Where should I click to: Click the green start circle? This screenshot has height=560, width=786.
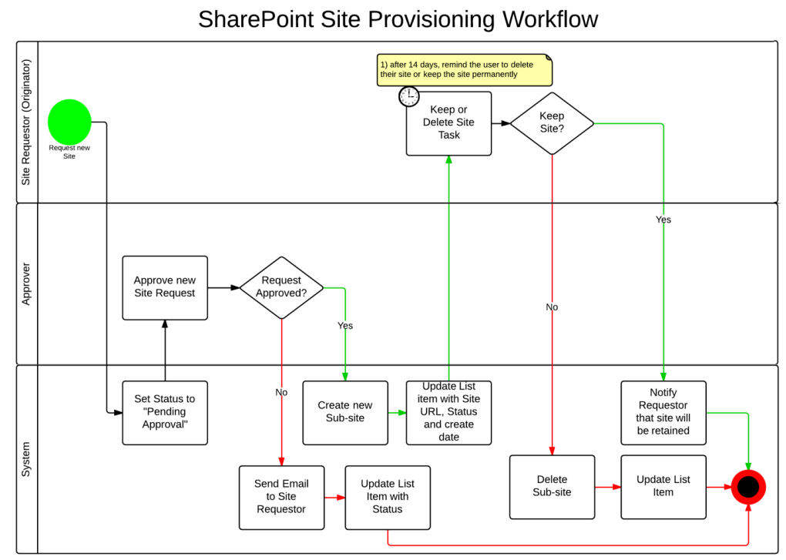coord(69,122)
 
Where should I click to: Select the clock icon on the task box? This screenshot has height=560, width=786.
coord(409,96)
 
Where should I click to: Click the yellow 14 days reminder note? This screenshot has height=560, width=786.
coord(465,69)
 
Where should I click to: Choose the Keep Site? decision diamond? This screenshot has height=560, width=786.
coord(552,123)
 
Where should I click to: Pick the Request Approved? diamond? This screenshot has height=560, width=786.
coord(281,287)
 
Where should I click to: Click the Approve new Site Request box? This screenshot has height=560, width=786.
coord(165,287)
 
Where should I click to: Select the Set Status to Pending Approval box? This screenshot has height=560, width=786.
coord(165,412)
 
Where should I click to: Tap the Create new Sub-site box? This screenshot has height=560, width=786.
coord(345,412)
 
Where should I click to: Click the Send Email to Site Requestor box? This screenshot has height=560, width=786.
coord(281,497)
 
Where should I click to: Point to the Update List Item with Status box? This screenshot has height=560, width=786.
coord(388,497)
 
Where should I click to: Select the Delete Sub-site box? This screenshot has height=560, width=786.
coord(552,486)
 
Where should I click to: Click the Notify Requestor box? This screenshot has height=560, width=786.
coord(663,412)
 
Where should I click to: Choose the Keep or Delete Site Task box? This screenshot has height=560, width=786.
coord(448,123)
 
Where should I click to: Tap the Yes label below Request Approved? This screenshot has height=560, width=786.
coord(345,326)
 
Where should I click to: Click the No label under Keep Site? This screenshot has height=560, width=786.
coord(552,307)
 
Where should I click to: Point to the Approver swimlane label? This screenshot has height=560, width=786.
coord(26,283)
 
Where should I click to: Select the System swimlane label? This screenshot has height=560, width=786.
coord(26,458)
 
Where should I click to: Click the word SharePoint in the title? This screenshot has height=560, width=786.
coord(262,18)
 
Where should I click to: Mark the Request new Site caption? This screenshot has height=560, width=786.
coord(69,152)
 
